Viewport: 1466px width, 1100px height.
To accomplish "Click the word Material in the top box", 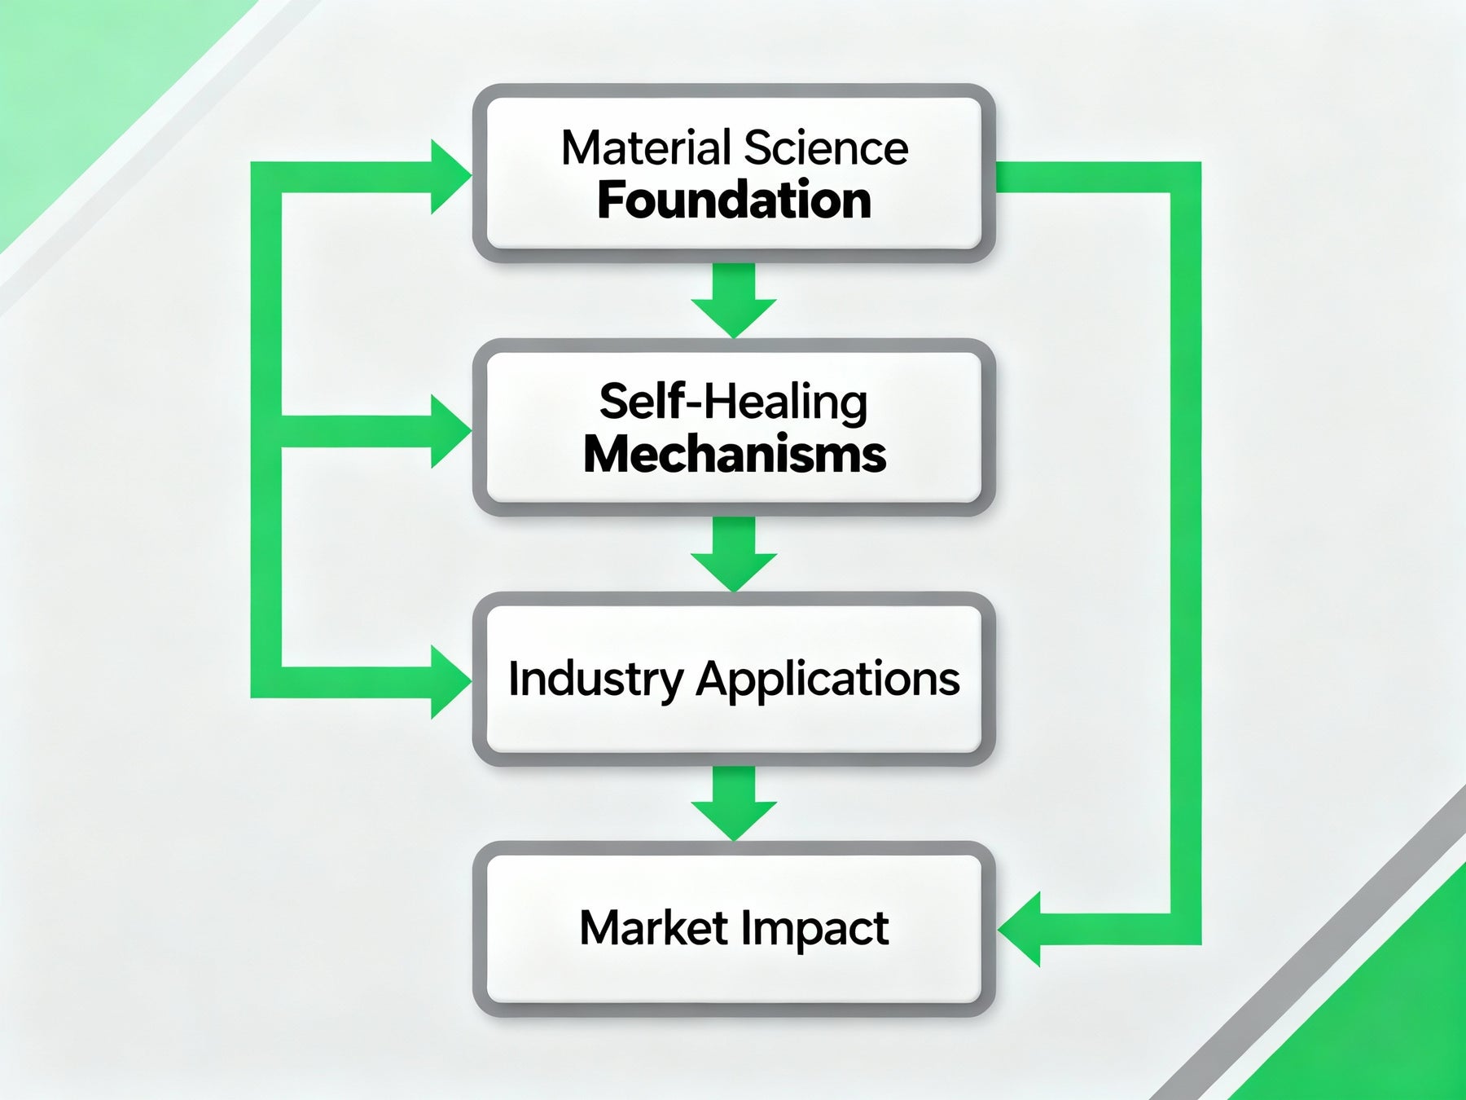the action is point(647,148).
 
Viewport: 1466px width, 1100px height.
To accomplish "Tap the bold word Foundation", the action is point(734,200).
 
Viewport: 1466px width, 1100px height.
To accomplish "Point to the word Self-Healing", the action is point(733,403).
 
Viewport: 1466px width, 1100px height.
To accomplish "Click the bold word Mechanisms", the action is point(734,455).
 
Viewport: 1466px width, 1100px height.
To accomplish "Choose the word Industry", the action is point(595,679).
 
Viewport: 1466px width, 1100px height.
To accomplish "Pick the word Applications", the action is point(827,679).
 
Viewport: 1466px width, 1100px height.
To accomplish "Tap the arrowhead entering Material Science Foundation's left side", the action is point(448,177).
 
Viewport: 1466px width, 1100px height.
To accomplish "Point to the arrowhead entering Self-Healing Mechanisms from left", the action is point(448,431).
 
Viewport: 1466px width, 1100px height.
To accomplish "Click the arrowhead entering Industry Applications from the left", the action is point(448,682).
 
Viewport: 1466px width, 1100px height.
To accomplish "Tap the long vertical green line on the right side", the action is point(1186,554).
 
